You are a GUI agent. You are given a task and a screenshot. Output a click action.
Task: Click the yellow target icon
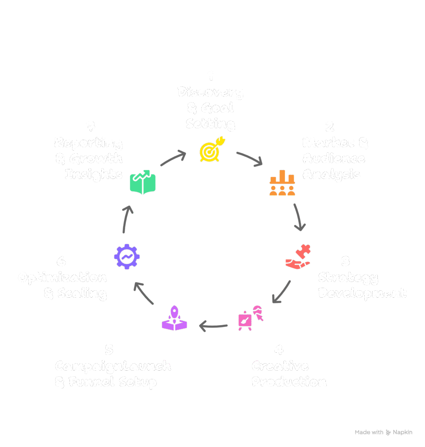pyautogui.click(x=211, y=149)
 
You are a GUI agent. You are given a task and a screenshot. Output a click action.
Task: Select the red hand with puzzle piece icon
pyautogui.click(x=298, y=259)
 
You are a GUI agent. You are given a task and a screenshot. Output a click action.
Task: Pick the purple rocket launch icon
pyautogui.click(x=174, y=318)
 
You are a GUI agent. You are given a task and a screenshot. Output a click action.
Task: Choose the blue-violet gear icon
pyautogui.click(x=127, y=256)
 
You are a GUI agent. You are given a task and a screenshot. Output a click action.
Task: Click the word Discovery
pyautogui.click(x=211, y=92)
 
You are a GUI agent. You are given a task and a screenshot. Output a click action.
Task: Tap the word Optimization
pyautogui.click(x=62, y=278)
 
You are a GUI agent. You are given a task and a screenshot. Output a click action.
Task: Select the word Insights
pyautogui.click(x=94, y=174)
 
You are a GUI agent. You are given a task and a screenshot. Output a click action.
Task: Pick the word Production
pyautogui.click(x=289, y=382)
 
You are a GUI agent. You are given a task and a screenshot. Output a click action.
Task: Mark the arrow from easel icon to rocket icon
pyautogui.click(x=213, y=326)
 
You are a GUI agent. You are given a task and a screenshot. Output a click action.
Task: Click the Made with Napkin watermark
pyautogui.click(x=384, y=432)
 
